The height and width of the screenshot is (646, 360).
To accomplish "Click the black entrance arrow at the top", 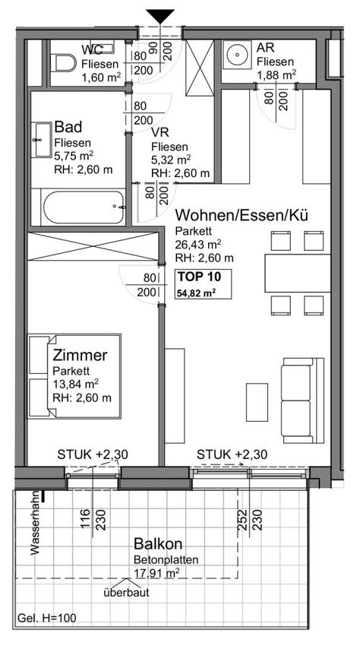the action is coord(160,17).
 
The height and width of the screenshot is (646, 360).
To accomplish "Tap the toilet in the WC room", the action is coord(65,63).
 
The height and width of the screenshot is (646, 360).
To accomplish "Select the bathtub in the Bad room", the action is coord(84,207).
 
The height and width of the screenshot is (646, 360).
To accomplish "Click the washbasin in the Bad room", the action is coord(43,140).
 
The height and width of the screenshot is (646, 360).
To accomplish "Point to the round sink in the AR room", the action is coord(238,55).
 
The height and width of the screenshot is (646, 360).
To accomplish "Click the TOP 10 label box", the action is coord(203,284).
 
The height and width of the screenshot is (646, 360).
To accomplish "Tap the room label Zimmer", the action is coord(81,355).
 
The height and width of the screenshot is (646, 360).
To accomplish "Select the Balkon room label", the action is coord(158,544).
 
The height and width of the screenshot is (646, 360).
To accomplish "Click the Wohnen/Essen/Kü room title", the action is coord(242,216).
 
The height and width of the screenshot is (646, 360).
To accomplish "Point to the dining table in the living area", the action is coord(298,273).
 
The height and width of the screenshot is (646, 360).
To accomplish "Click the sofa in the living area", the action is coord(302,401).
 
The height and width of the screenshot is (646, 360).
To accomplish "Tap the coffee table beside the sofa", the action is coord(257,402).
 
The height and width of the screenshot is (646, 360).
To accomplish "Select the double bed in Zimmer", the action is coord(74,376).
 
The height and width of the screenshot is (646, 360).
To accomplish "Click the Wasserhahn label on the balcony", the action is coord(35,523).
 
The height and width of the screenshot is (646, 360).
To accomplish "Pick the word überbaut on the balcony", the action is coord(126,594).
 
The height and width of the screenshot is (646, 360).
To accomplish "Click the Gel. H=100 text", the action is coord(46,619).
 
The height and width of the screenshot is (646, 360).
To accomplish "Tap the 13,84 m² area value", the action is coord(76,384).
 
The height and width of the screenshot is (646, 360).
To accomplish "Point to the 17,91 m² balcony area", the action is coord(156,572).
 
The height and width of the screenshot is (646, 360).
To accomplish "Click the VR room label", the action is coord(159,133).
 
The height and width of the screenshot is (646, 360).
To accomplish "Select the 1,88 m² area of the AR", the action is coord(276,74).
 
